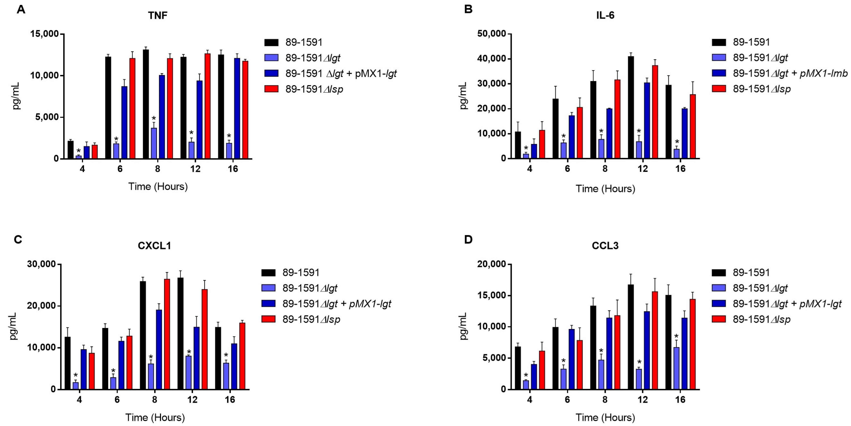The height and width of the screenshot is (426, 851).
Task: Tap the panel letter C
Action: click(18, 239)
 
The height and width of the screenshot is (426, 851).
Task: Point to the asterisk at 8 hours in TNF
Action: click(154, 118)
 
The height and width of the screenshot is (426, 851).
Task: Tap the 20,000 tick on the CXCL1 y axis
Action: click(42, 306)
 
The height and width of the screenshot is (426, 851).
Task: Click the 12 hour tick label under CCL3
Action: click(642, 400)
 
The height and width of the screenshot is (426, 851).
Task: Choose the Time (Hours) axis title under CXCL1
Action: click(155, 417)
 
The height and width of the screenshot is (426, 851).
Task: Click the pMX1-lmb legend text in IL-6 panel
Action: click(823, 73)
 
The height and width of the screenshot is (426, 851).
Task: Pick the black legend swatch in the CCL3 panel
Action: click(719, 273)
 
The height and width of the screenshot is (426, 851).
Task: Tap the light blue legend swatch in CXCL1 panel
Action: click(268, 288)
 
